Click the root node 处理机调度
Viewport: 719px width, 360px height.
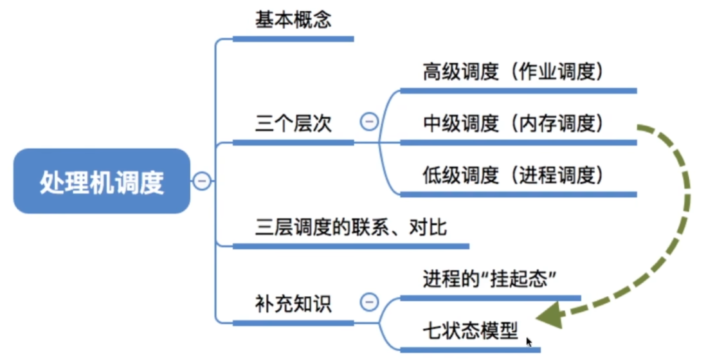pyautogui.click(x=102, y=181)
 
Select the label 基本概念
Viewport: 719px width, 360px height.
pyautogui.click(x=293, y=20)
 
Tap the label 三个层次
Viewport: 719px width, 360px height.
pyautogui.click(x=293, y=124)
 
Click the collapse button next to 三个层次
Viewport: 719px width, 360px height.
pyautogui.click(x=369, y=122)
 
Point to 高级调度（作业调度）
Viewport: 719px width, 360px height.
pyautogui.click(x=513, y=72)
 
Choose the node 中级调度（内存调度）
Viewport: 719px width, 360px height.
pyautogui.click(x=513, y=124)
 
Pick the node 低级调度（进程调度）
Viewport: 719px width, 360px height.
pyautogui.click(x=513, y=175)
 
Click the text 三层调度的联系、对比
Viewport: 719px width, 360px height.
pyautogui.click(x=351, y=227)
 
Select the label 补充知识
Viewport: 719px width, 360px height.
pyautogui.click(x=293, y=304)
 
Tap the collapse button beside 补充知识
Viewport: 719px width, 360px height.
pyautogui.click(x=369, y=302)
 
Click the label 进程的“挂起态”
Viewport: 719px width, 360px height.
pyautogui.click(x=489, y=279)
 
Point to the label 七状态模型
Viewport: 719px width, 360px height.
pyautogui.click(x=470, y=331)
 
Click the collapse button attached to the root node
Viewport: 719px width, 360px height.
pyautogui.click(x=202, y=181)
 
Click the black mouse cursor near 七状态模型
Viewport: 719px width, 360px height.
pyautogui.click(x=529, y=342)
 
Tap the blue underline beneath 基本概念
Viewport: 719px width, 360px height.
pyautogui.click(x=293, y=39)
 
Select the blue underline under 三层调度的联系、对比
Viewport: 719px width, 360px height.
pyautogui.click(x=351, y=246)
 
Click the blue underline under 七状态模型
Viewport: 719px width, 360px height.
pyautogui.click(x=470, y=350)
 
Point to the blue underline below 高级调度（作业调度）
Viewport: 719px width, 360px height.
pyautogui.click(x=519, y=91)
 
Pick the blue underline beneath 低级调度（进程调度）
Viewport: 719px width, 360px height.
pyautogui.click(x=519, y=194)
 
